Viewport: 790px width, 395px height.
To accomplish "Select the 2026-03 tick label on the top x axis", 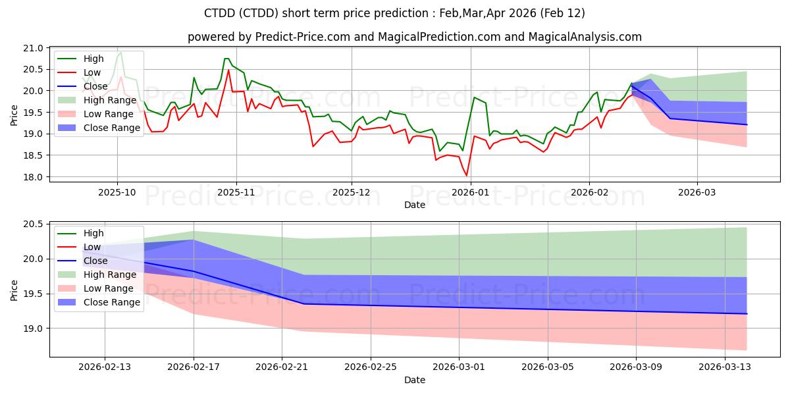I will point(697,192).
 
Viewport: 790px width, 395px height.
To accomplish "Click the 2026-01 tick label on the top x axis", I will point(471,192).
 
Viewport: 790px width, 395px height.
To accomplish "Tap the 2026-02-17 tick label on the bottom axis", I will point(194,367).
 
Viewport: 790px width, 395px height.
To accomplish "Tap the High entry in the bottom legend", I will point(93,233).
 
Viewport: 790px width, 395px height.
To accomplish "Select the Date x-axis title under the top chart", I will point(415,205).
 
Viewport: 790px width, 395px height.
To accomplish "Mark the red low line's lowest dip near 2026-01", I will point(467,176).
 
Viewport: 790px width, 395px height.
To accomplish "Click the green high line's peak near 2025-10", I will point(120,51).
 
